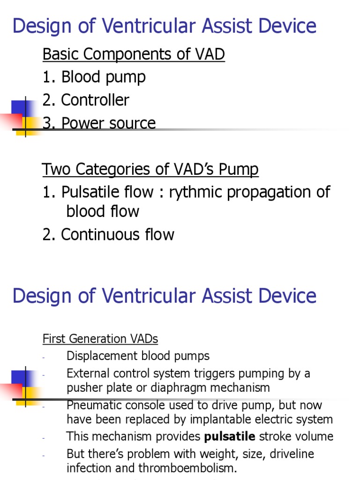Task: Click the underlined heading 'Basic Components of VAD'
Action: pos(134,55)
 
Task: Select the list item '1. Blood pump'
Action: pos(94,77)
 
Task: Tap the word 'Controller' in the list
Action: pos(95,100)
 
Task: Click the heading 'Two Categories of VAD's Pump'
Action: pos(150,169)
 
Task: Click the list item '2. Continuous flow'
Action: pos(108,234)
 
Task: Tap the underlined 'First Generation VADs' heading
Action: pos(100,338)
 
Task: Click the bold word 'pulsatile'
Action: pos(230,436)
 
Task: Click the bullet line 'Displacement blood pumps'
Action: pos(138,356)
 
